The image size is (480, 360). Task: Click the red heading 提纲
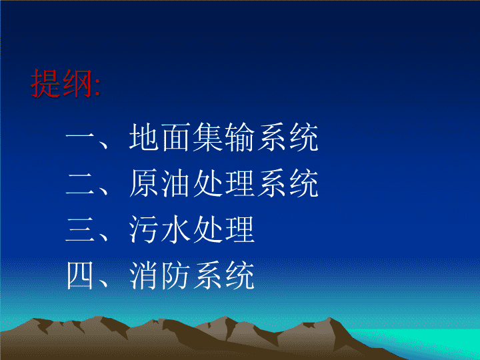click(61, 83)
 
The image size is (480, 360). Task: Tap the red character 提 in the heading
click(45, 83)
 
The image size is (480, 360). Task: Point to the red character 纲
click(77, 83)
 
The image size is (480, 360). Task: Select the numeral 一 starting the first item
click(80, 137)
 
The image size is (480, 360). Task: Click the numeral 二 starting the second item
click(80, 183)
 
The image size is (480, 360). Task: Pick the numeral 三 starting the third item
click(80, 229)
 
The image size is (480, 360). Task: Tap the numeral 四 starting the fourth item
click(80, 275)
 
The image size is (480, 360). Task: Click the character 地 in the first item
click(144, 137)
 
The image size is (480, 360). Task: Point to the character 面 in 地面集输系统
click(176, 137)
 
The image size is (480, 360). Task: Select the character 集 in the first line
click(208, 137)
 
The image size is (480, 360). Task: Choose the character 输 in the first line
click(240, 137)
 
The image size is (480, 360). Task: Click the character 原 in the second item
click(144, 183)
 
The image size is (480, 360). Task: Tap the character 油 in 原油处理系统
click(176, 183)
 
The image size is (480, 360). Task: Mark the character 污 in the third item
click(144, 229)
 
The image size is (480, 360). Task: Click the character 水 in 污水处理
click(176, 229)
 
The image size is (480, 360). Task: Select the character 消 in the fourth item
click(144, 275)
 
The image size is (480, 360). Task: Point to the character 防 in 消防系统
click(176, 275)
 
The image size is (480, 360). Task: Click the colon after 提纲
click(97, 87)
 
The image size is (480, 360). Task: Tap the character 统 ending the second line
click(304, 183)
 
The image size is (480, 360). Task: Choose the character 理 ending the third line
click(240, 229)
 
